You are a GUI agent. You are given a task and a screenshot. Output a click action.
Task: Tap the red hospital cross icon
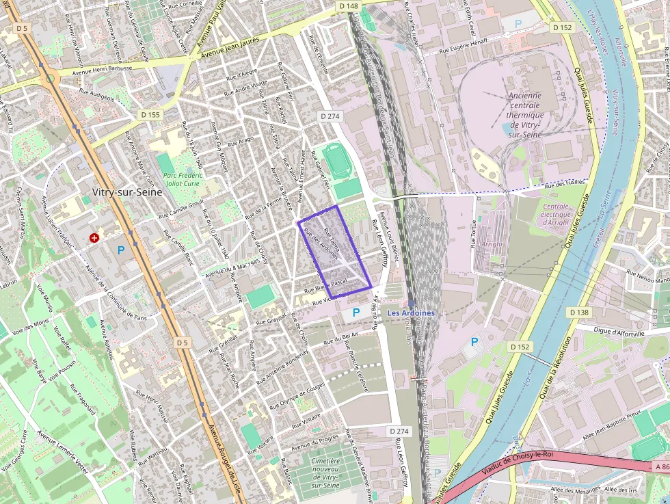(94, 237)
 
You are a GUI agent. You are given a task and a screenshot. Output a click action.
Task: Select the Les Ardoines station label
(411, 313)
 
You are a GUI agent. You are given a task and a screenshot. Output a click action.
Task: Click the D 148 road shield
(349, 6)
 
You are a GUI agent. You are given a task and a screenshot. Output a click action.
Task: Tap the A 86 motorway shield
(660, 466)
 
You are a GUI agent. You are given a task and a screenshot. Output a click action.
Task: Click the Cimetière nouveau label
(325, 473)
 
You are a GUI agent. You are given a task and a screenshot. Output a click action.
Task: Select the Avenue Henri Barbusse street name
(102, 68)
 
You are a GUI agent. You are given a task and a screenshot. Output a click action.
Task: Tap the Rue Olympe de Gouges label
(301, 396)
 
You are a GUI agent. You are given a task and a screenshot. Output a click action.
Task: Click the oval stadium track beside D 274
(336, 159)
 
